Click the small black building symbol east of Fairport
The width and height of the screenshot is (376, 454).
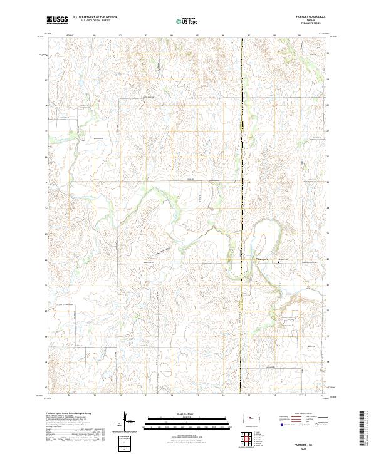(278, 263)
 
